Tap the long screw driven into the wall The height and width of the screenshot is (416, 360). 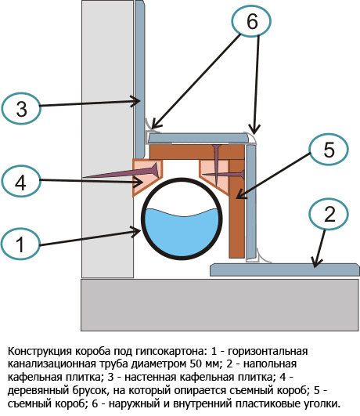pos(117,173)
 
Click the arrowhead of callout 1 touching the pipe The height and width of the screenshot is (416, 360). pos(139,230)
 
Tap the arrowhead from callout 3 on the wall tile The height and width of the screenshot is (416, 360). pos(139,100)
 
